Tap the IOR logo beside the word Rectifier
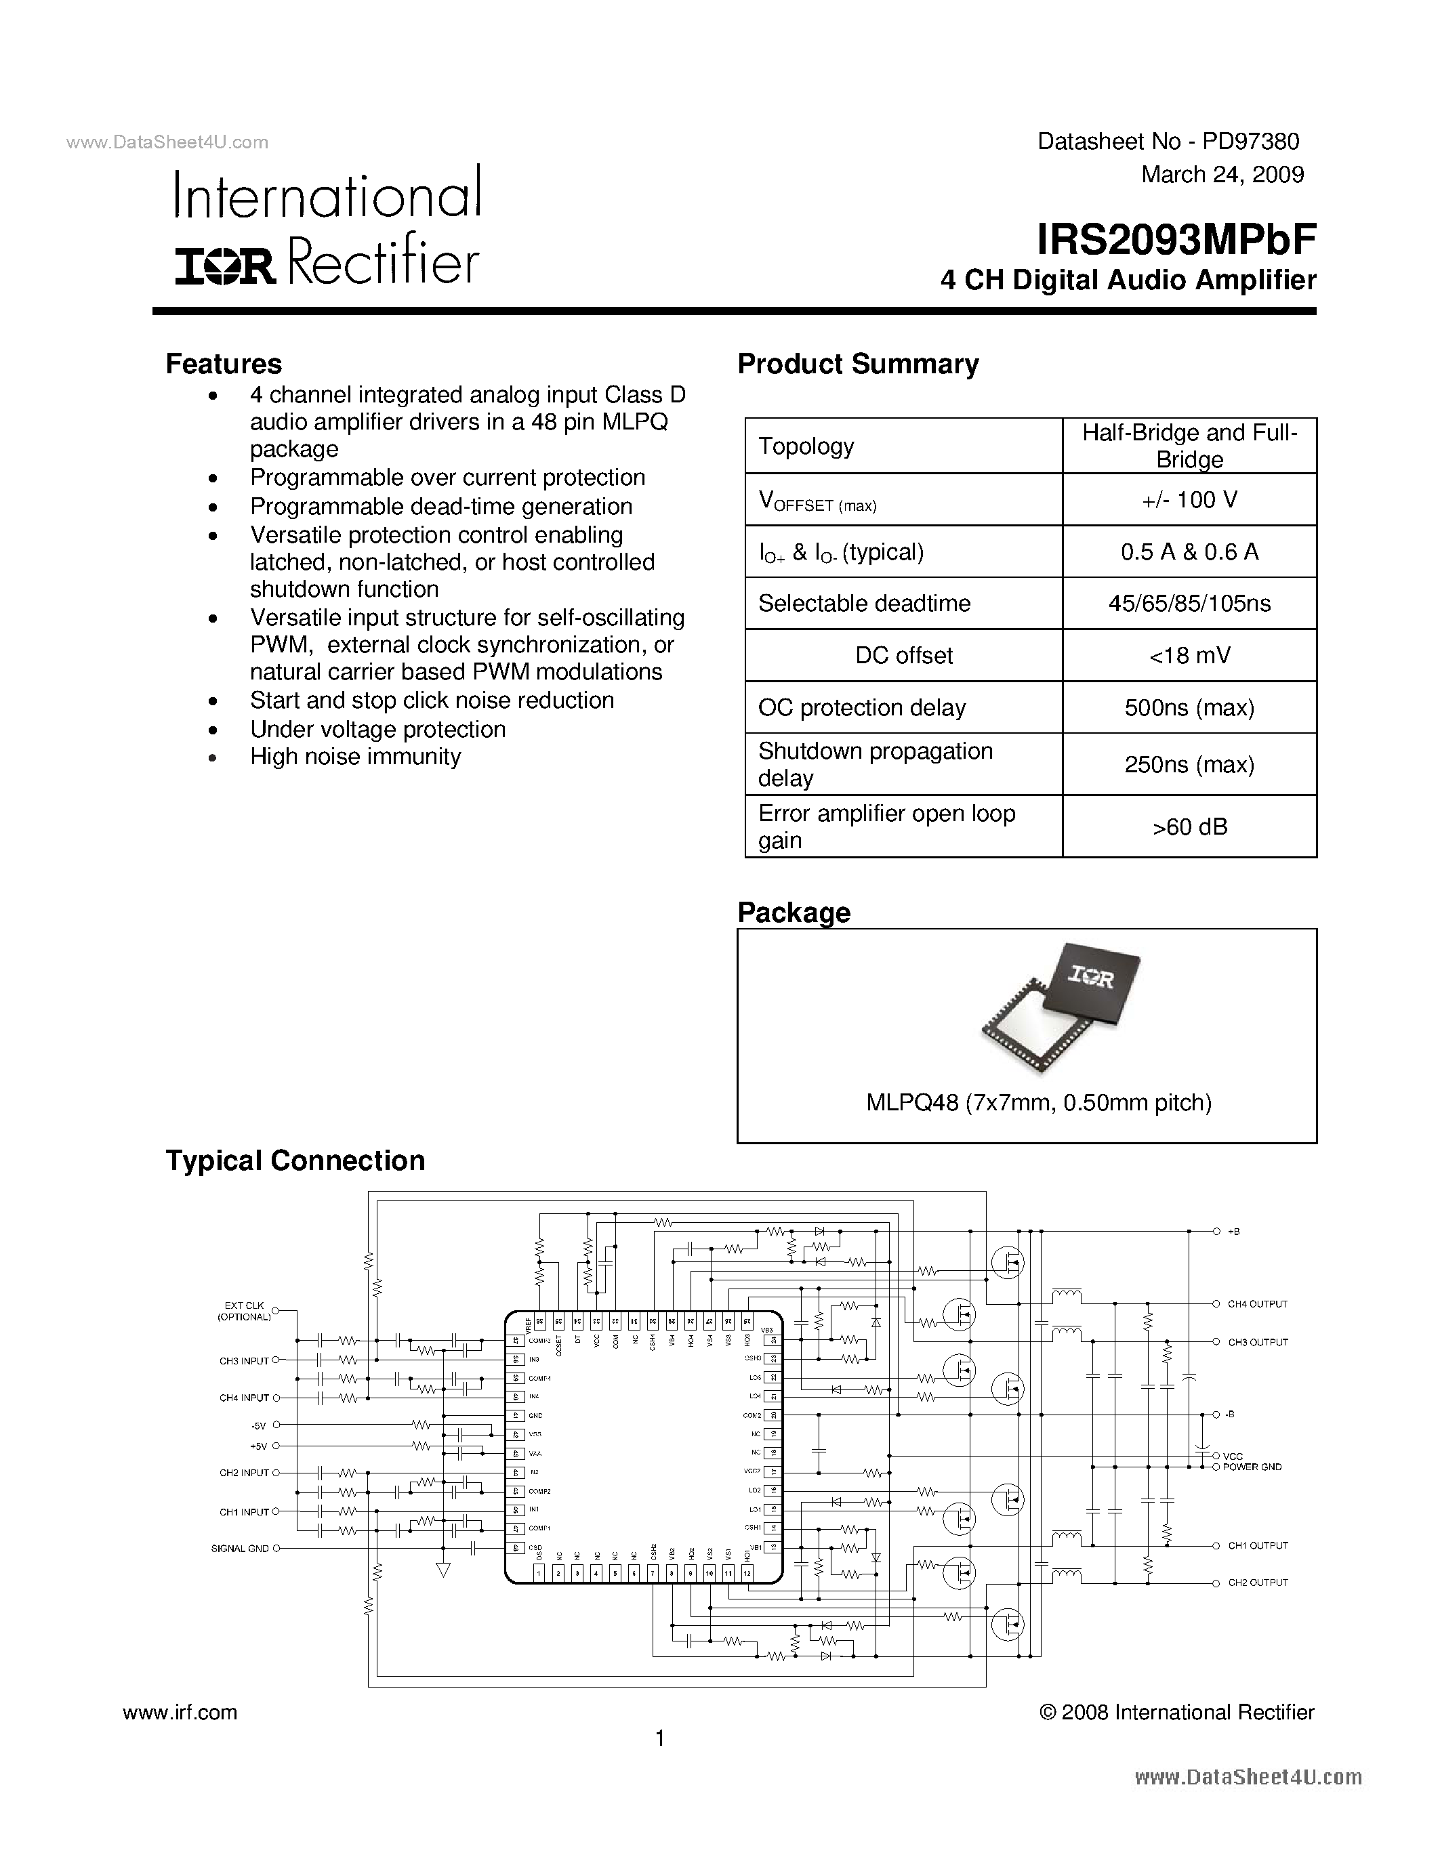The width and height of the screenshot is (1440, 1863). [x=225, y=266]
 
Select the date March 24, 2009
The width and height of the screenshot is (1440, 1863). [x=1222, y=175]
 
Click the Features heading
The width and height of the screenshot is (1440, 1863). [x=224, y=364]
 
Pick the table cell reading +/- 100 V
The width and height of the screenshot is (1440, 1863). [x=1189, y=500]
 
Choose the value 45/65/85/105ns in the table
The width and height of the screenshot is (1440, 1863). [x=1189, y=604]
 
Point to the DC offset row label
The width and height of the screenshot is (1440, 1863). [x=903, y=656]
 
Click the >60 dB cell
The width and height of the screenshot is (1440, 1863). [x=1189, y=826]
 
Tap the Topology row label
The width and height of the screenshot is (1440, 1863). [x=806, y=446]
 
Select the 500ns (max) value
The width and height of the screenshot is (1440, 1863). [x=1189, y=708]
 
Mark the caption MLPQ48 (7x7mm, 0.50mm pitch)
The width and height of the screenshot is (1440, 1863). [x=1038, y=1103]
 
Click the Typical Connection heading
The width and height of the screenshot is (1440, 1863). [x=295, y=1161]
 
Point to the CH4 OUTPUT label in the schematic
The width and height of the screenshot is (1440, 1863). [x=1256, y=1304]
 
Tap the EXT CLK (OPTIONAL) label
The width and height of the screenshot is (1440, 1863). [x=244, y=1311]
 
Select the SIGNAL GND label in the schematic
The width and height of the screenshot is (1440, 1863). [x=240, y=1548]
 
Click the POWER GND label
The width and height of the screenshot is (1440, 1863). [x=1252, y=1467]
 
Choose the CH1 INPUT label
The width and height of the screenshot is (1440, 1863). [x=244, y=1512]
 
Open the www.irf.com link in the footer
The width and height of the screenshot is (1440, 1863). [x=180, y=1713]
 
